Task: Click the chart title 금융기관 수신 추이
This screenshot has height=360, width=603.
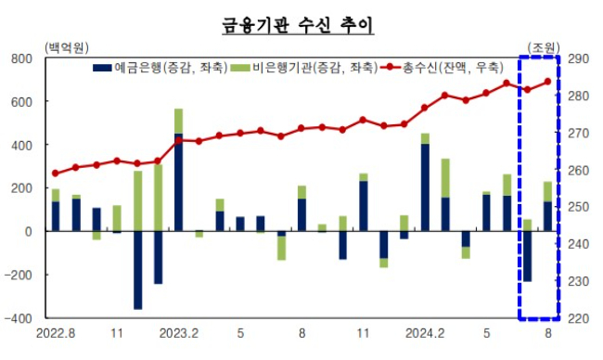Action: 297,23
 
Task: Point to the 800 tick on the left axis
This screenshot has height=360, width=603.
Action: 18,58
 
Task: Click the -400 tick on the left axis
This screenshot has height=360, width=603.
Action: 15,317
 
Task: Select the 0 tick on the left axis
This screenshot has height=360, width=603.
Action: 27,231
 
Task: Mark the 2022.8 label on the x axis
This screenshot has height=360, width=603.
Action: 55,331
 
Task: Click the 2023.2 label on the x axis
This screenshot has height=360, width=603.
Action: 178,331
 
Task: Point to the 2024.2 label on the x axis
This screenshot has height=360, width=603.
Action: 425,331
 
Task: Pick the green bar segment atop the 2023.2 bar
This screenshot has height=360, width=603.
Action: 178,121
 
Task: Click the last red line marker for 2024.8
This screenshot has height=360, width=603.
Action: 547,82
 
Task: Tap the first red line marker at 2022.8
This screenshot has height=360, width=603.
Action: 55,174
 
